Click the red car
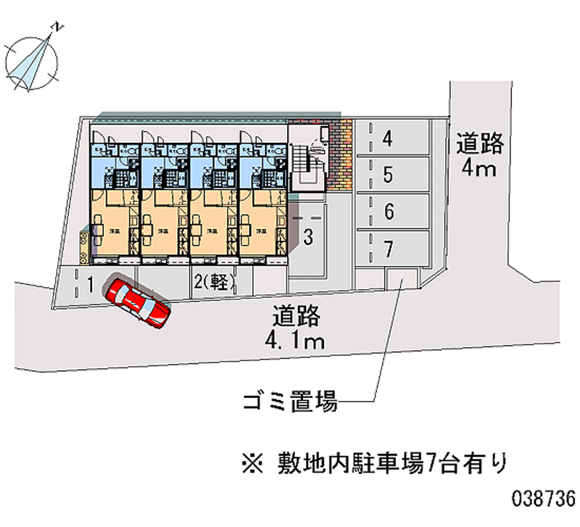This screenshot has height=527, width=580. pos(138,300)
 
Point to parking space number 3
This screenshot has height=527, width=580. pos(307,236)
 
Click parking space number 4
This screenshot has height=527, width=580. pos(389,138)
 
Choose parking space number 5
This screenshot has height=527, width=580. pos(389,175)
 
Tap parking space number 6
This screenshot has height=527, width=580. pos(389,212)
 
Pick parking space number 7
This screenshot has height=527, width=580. pos(389,249)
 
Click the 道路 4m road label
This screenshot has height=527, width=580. pos(479,156)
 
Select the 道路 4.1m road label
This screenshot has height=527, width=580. pos(297,328)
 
